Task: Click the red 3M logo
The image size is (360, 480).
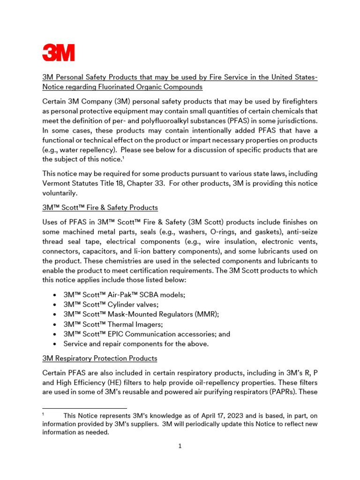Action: (x=59, y=52)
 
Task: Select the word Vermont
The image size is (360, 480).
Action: (x=58, y=183)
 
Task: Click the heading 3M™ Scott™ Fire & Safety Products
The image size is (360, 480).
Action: (x=100, y=207)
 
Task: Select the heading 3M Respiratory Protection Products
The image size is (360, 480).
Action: (x=100, y=358)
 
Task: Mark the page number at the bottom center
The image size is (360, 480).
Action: (x=180, y=446)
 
